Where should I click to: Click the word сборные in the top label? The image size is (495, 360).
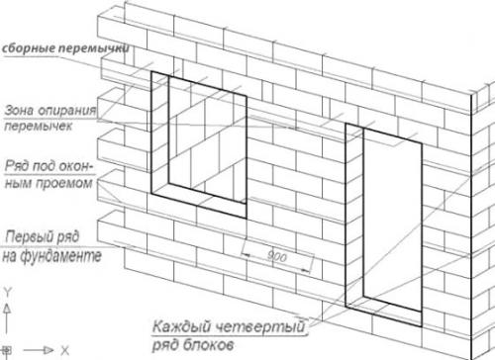click(29, 48)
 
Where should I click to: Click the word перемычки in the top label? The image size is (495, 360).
click(94, 48)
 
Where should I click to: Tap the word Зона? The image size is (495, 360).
click(19, 111)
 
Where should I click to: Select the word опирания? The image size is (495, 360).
click(67, 111)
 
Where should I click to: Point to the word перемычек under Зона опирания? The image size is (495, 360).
click(39, 127)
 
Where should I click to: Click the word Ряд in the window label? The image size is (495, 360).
click(17, 166)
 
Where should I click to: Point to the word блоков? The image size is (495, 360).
click(208, 345)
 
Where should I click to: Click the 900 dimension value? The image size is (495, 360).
click(276, 256)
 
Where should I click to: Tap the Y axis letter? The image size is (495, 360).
click(7, 293)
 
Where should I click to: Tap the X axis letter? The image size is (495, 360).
click(65, 350)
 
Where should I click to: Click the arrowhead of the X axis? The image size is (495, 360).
click(48, 350)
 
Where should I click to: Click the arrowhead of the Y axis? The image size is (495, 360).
click(7, 309)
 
